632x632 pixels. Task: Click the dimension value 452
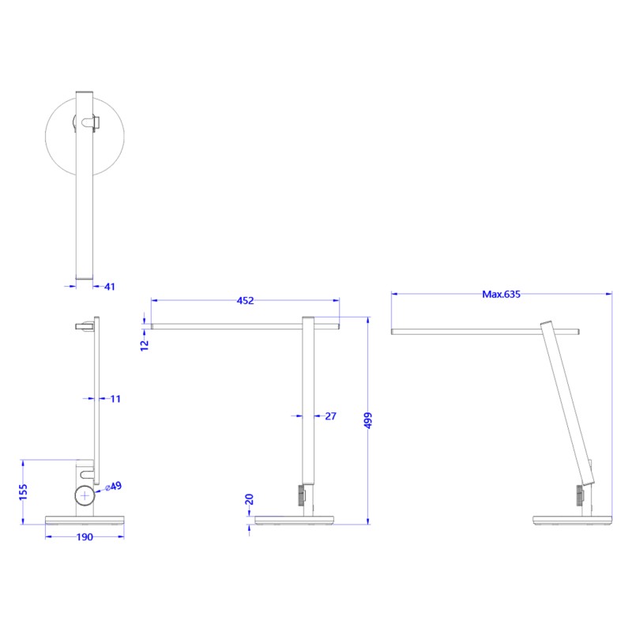(x=245, y=300)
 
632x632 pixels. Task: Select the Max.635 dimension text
(x=502, y=294)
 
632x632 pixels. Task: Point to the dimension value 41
(x=109, y=287)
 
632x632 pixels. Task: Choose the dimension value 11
(x=115, y=399)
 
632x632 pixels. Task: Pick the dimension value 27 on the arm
(x=331, y=416)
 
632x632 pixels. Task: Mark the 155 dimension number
(x=23, y=492)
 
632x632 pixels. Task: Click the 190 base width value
(x=85, y=537)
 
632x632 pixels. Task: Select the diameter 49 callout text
(x=114, y=487)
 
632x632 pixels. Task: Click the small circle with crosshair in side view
(x=85, y=496)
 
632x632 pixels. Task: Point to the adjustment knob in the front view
(x=300, y=496)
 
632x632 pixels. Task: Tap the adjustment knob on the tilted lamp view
(x=579, y=496)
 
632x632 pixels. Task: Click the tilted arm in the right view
(x=566, y=403)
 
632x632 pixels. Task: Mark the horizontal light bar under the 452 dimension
(x=245, y=325)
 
